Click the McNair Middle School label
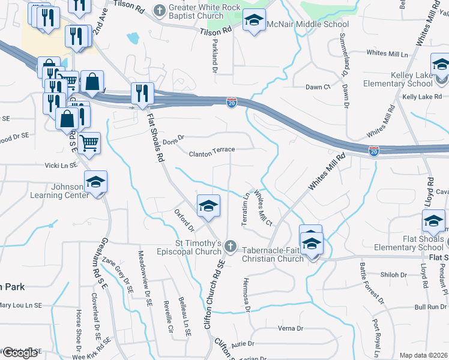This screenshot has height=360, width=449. (308, 25)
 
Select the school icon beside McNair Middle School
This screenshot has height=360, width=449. (253, 22)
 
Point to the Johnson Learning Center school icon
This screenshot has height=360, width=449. (95, 182)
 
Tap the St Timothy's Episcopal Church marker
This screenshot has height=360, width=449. (230, 246)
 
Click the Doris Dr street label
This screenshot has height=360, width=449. (172, 137)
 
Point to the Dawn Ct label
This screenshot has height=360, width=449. (318, 87)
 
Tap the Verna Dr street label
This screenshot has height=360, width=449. (291, 328)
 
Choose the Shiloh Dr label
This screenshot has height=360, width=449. (394, 275)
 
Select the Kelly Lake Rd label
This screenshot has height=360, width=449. (422, 96)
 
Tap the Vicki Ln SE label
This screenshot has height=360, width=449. (60, 165)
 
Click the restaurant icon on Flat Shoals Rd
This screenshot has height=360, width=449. (142, 94)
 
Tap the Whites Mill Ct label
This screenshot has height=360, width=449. (264, 208)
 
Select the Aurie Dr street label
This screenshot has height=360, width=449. (243, 344)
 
